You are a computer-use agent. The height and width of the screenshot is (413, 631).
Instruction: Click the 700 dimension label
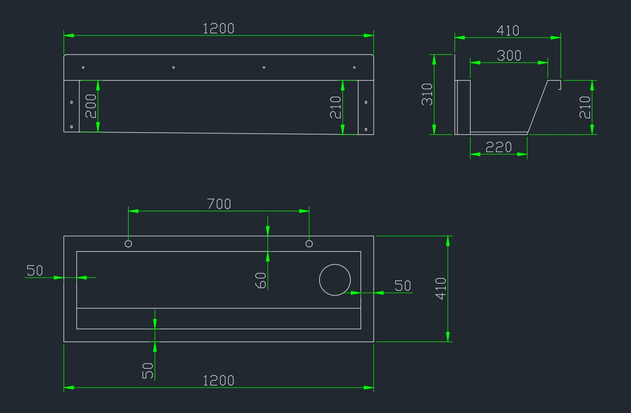point(219,204)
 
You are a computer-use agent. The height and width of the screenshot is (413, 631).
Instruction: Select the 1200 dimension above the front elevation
point(219,28)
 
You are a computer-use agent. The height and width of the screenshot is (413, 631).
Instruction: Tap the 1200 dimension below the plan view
point(219,380)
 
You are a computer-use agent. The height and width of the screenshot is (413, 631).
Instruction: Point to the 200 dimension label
point(91,106)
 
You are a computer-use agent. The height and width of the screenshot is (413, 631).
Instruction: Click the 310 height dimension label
point(427,95)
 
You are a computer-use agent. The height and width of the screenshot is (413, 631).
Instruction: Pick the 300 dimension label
point(509,56)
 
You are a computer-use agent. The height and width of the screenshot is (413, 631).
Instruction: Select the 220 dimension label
point(499,147)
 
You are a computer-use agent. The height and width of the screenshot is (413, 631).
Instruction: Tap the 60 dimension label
point(261,281)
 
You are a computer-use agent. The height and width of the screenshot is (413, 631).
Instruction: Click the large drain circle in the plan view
point(335,280)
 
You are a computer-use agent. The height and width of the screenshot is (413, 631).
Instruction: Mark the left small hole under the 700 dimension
point(129,243)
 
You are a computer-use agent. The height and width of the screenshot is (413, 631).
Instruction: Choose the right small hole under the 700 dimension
point(309,243)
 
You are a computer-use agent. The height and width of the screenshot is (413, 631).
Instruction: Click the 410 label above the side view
point(508,30)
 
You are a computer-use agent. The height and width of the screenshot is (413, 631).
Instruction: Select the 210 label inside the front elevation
point(336,107)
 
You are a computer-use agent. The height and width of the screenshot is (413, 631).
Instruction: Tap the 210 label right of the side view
point(585,107)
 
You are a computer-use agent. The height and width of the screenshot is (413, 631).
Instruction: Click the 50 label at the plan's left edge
point(35,270)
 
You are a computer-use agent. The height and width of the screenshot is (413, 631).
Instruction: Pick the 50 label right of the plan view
point(403,286)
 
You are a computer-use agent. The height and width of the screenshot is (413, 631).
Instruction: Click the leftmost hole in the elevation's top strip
point(83,67)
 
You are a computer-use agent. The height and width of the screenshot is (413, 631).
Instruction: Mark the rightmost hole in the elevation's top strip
point(354,67)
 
